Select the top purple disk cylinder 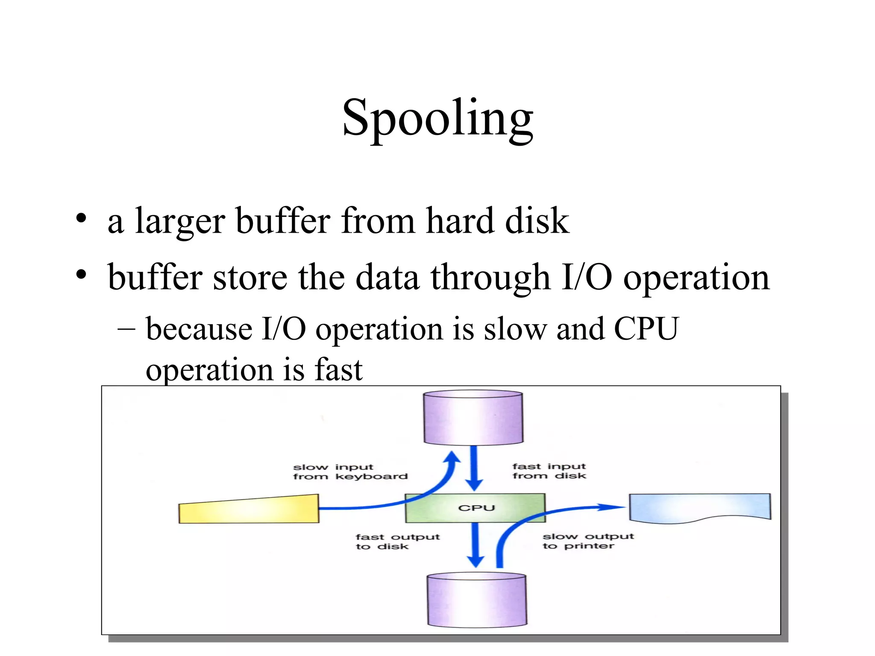[473, 418]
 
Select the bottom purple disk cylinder [477, 600]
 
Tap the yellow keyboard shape [249, 509]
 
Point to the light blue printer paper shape [699, 507]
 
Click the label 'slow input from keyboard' [350, 471]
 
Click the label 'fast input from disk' [549, 471]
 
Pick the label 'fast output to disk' [397, 542]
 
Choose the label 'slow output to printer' [588, 541]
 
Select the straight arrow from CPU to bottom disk [476, 545]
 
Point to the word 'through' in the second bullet [490, 278]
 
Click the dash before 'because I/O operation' [126, 329]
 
